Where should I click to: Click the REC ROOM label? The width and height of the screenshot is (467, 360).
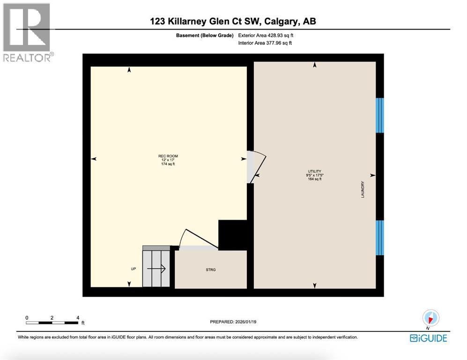[x=168, y=156]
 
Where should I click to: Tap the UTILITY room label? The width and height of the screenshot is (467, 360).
[x=314, y=172]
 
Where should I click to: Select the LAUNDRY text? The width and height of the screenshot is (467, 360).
[x=363, y=189]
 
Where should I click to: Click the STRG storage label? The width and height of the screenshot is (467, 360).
[x=210, y=270]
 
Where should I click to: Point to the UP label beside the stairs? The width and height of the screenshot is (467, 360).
[x=133, y=269]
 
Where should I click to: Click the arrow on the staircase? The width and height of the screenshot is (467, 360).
[x=156, y=269]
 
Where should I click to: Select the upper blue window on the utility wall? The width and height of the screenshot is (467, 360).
[x=380, y=115]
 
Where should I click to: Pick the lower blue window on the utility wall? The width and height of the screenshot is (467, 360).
[x=380, y=238]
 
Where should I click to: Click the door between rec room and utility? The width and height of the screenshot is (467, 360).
[x=257, y=167]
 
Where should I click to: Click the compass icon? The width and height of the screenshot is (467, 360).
[x=430, y=319]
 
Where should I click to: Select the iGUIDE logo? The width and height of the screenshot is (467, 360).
[x=428, y=338]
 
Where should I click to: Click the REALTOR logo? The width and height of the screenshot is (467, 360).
[x=27, y=33]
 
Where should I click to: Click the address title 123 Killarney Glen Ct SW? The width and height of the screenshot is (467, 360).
[x=236, y=21]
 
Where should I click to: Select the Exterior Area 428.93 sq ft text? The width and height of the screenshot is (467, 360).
[x=266, y=35]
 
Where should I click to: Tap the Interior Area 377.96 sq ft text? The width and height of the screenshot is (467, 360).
[x=265, y=43]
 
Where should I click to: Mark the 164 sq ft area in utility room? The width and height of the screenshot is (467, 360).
[x=314, y=179]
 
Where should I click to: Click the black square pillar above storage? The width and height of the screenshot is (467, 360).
[x=233, y=235]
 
